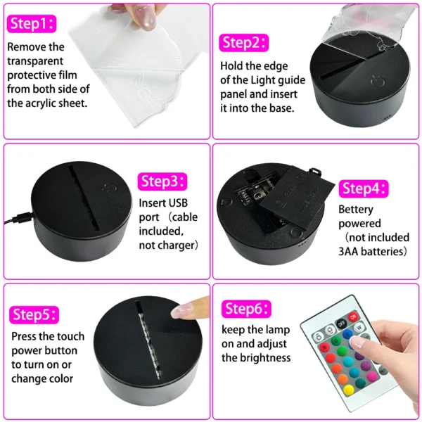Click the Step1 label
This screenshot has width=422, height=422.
(x=30, y=24)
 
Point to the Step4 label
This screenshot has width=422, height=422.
(x=363, y=188)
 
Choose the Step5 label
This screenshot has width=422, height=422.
(x=34, y=314)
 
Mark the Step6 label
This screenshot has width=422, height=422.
(x=245, y=309)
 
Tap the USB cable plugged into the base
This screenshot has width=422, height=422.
(x=15, y=218)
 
